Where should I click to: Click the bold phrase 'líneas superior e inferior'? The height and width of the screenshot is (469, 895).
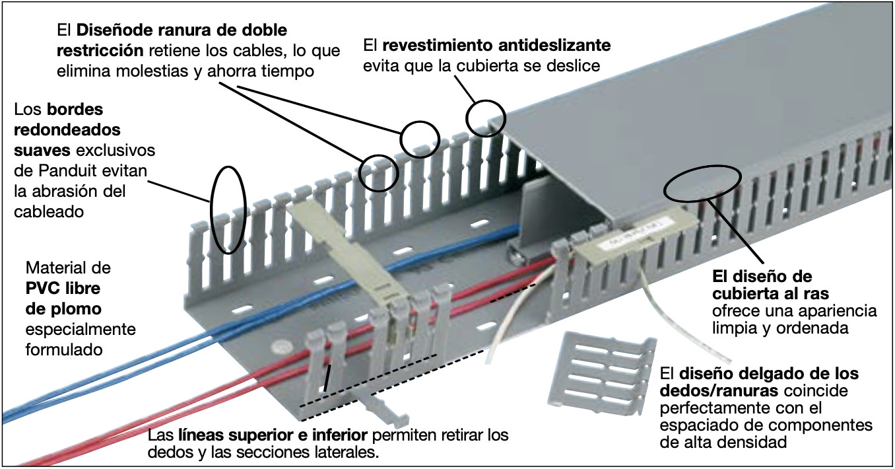click(271, 437)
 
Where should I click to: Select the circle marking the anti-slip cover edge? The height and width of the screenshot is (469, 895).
click(486, 118)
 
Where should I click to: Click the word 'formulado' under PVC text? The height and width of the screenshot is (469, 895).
click(64, 349)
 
